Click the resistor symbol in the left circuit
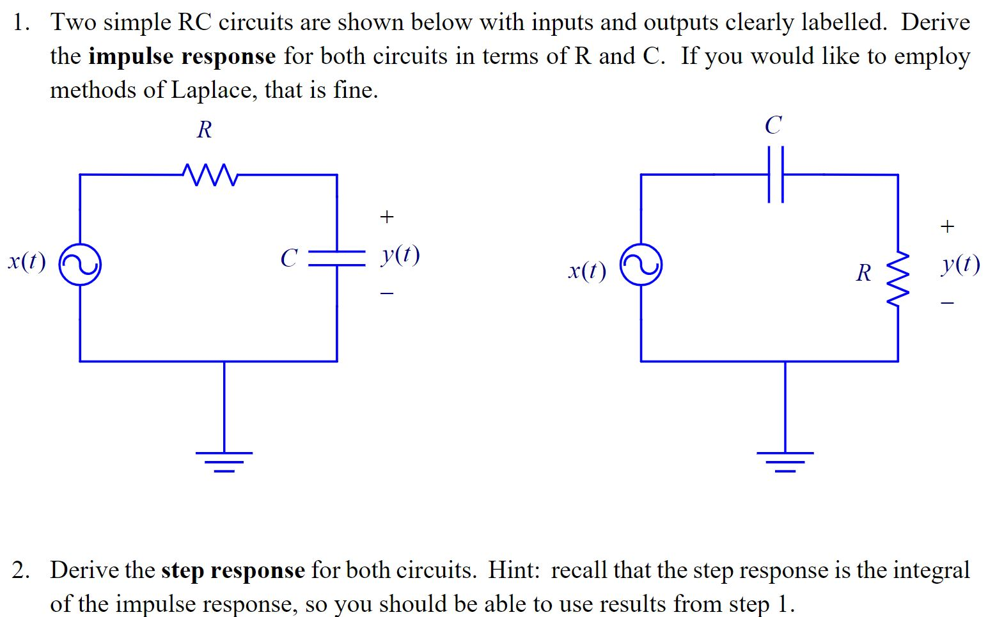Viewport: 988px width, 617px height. (x=210, y=175)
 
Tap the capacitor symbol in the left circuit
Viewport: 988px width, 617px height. (x=337, y=258)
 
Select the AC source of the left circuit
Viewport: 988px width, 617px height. (x=80, y=264)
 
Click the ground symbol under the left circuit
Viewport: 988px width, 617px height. (x=224, y=460)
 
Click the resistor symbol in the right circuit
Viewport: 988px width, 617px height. (x=898, y=278)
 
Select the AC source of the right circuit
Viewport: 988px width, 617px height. (x=641, y=264)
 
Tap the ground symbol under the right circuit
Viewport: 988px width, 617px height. (x=785, y=460)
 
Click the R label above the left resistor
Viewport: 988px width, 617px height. (x=204, y=130)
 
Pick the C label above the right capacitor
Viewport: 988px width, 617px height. (x=773, y=125)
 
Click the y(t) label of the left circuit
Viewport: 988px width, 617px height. (x=400, y=255)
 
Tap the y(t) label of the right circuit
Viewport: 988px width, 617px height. (x=961, y=264)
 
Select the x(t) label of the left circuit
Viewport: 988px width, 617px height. (x=27, y=261)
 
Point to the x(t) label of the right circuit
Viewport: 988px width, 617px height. (x=587, y=271)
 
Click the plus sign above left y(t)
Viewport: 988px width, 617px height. (x=386, y=217)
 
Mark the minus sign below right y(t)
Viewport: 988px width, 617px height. (x=948, y=302)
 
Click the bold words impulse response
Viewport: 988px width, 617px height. (x=182, y=56)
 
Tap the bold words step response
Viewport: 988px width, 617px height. (x=233, y=570)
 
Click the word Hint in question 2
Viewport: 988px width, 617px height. (x=512, y=570)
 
